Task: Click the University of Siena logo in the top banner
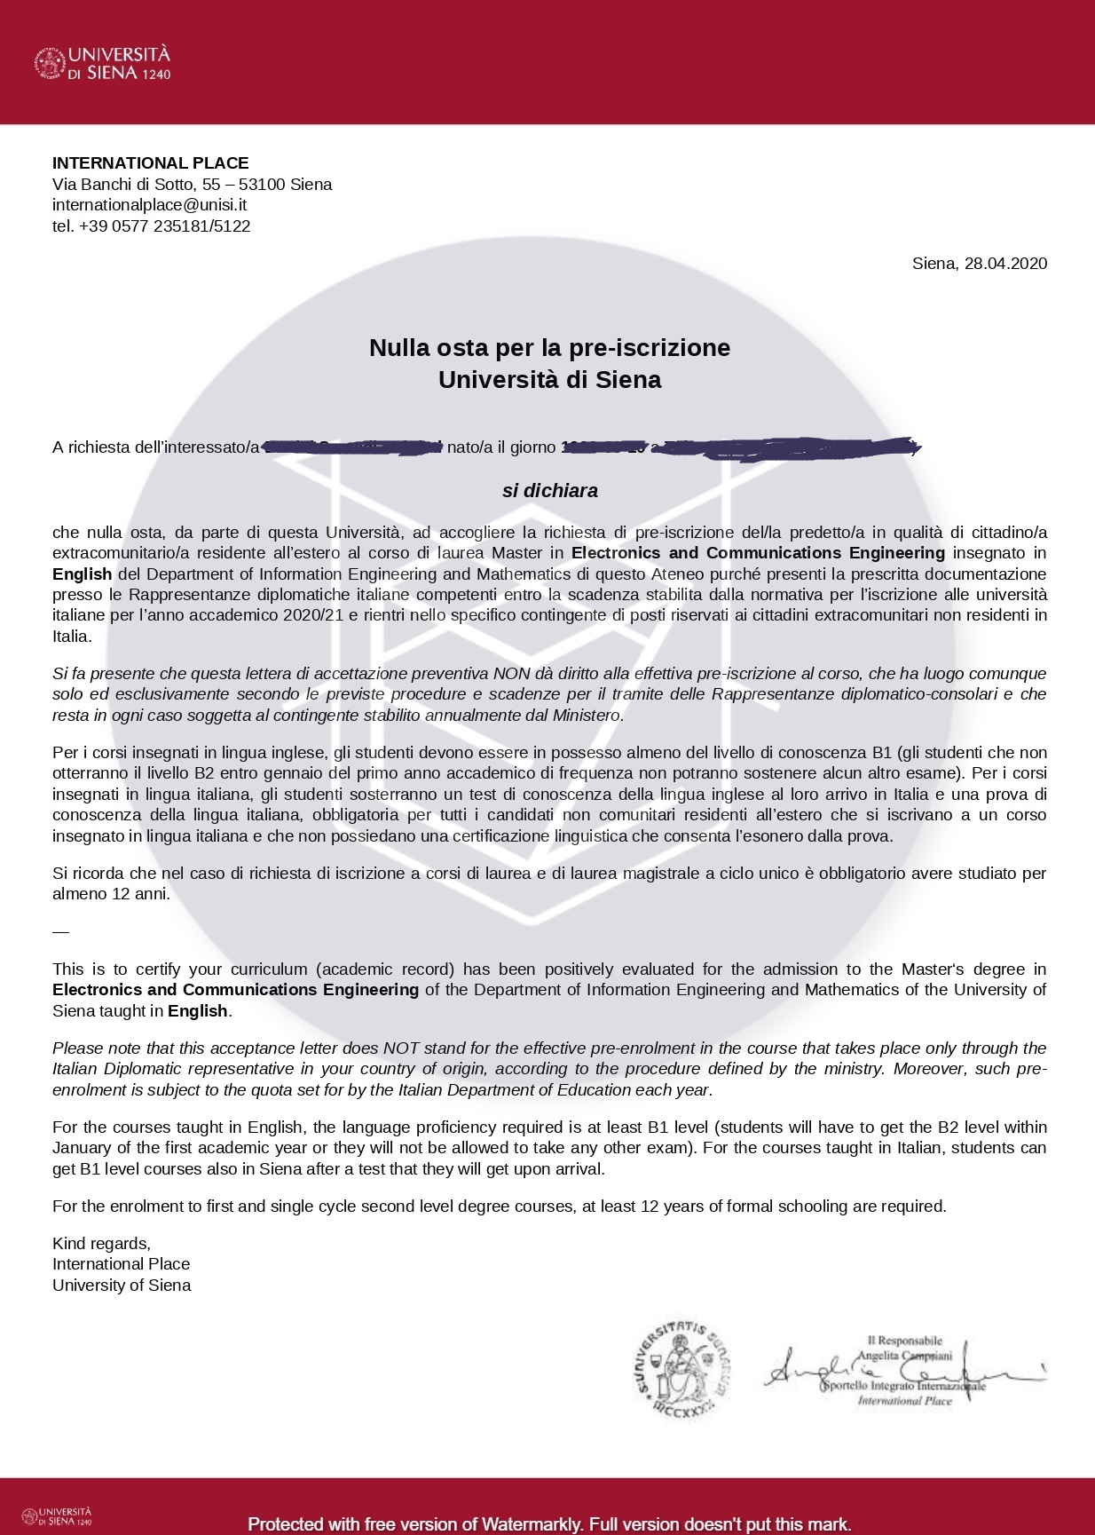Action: pyautogui.click(x=102, y=63)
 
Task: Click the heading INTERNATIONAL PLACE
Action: pyautogui.click(x=150, y=162)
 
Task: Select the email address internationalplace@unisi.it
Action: pyautogui.click(x=149, y=204)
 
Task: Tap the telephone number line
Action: pyautogui.click(x=151, y=226)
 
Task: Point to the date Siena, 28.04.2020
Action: pyautogui.click(x=979, y=263)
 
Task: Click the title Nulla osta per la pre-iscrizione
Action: pyautogui.click(x=549, y=347)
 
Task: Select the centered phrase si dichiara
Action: pyautogui.click(x=549, y=490)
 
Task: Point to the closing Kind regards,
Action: pyautogui.click(x=101, y=1243)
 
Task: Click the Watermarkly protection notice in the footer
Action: pyautogui.click(x=549, y=1523)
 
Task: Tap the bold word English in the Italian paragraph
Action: pyautogui.click(x=82, y=574)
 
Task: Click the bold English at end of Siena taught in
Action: pyautogui.click(x=198, y=1010)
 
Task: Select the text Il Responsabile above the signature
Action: pyautogui.click(x=904, y=1341)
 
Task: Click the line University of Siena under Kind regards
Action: pyautogui.click(x=122, y=1285)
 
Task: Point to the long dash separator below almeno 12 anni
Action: pyautogui.click(x=60, y=931)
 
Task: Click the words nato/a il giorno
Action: pyautogui.click(x=501, y=447)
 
